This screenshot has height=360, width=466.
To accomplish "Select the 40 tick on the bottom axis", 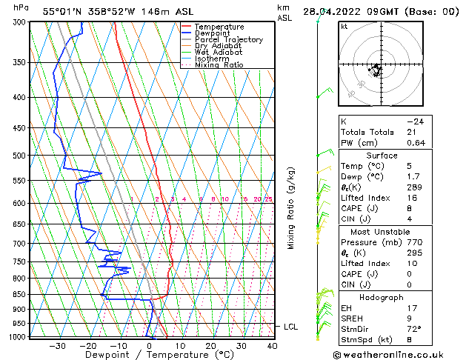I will point(272,345).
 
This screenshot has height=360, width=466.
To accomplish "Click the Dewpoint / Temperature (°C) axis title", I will point(148,355).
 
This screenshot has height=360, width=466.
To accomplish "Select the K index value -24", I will point(415,121).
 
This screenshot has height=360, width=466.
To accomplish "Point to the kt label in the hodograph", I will point(344,26).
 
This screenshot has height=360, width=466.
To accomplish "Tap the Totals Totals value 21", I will point(411,132).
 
